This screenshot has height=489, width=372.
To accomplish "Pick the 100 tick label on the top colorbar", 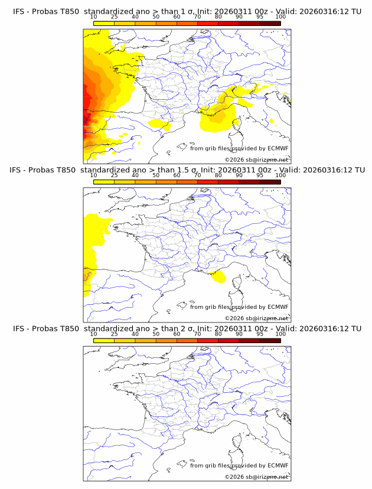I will click(280, 17).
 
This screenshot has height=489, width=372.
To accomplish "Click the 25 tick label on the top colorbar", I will click(115, 17).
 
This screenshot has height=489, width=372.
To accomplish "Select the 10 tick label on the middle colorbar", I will click(94, 175).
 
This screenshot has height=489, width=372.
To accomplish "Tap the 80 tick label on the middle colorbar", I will click(218, 175).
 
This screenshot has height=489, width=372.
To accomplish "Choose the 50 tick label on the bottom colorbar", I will click(156, 333).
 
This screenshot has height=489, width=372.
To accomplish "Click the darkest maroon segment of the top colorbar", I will click(270, 23).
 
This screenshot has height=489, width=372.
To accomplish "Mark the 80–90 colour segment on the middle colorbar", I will click(229, 182).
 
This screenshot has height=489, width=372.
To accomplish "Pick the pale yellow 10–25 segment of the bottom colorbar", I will click(104, 340).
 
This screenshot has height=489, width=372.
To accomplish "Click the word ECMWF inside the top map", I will click(278, 148).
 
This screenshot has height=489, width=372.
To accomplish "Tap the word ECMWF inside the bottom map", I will click(278, 465).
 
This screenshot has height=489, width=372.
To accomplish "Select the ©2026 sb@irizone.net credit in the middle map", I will click(256, 318).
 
